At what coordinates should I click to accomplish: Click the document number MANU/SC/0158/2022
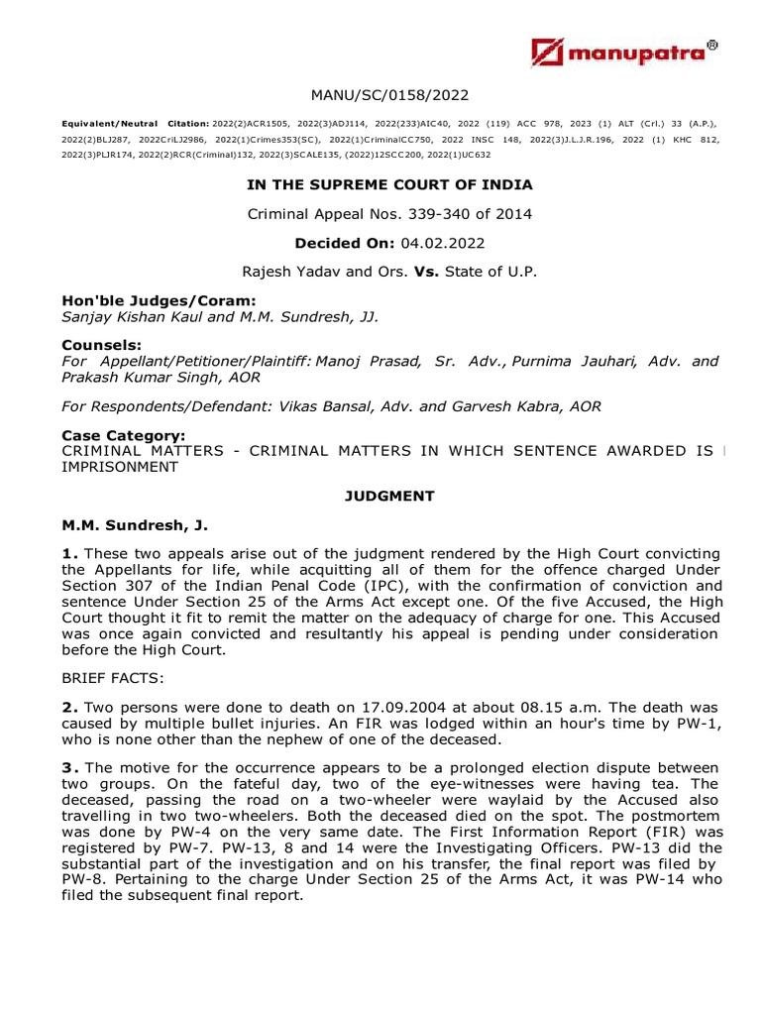point(389,95)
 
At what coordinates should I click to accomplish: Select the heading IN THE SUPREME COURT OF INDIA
point(389,184)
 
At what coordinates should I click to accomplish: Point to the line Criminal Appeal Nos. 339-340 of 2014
point(389,213)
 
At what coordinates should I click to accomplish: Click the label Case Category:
point(123,436)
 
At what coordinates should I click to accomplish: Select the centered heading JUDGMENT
point(389,495)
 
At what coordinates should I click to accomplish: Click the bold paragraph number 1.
point(68,553)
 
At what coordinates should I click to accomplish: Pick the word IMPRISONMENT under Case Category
point(120,466)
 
